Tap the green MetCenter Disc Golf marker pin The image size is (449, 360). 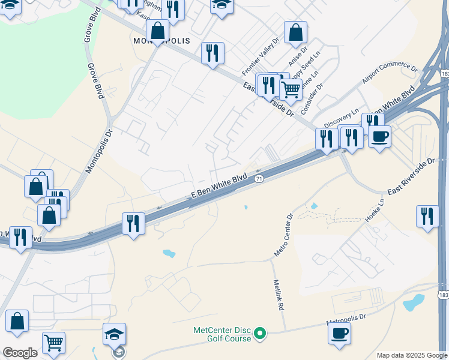pos(260,332)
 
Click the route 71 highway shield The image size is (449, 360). pos(259,179)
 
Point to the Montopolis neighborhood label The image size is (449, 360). pos(160,41)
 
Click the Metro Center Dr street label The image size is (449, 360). pos(283,235)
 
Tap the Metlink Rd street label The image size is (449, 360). pos(277,295)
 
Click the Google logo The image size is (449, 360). pos(20,353)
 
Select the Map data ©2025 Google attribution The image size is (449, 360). pos(412,355)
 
